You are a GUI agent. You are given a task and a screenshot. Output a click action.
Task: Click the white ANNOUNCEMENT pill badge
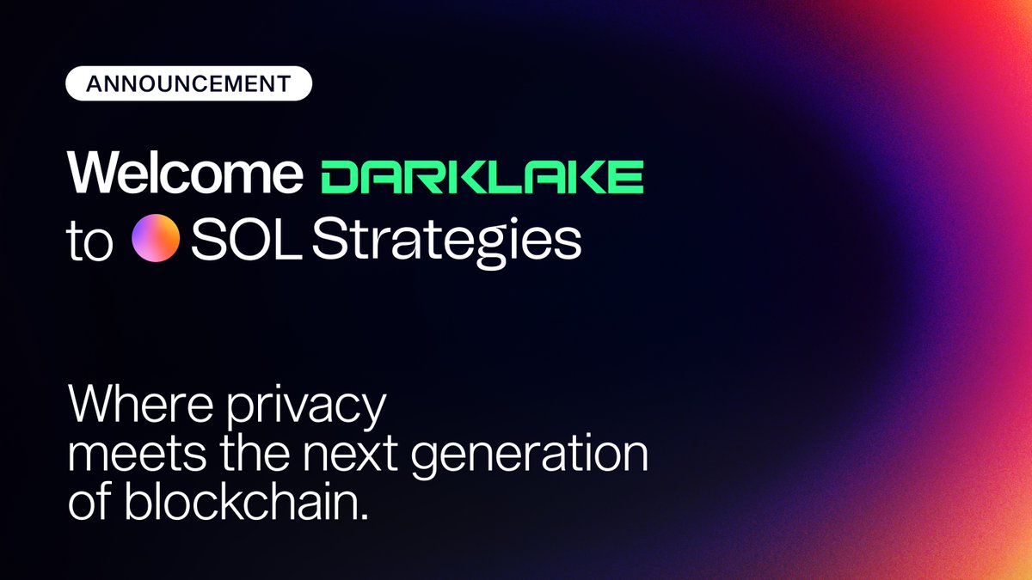point(189,84)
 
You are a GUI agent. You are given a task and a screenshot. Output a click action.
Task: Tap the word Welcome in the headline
point(185,174)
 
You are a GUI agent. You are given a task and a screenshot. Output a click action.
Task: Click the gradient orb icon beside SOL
point(156,238)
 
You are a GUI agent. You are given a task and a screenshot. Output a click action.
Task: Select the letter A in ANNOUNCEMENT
point(90,84)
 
